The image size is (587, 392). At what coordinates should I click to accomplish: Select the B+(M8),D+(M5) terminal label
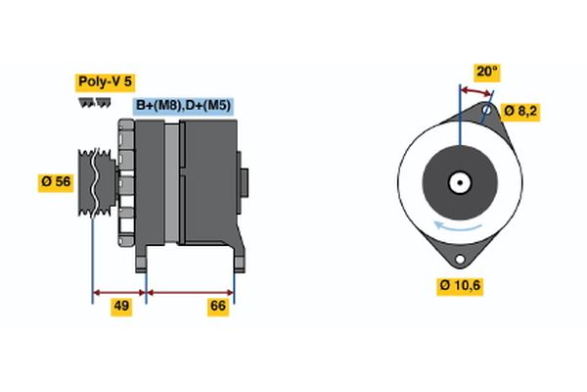click(183, 106)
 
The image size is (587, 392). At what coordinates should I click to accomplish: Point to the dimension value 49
click(121, 306)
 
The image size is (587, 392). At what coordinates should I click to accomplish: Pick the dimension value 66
click(219, 306)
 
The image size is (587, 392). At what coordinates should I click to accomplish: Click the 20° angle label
click(486, 71)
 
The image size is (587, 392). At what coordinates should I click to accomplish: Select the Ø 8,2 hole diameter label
click(519, 110)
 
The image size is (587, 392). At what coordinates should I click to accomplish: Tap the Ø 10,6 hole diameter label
click(460, 285)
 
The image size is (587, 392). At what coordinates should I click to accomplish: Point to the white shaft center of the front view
click(459, 181)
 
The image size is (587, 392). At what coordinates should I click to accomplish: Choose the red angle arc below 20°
click(475, 91)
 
